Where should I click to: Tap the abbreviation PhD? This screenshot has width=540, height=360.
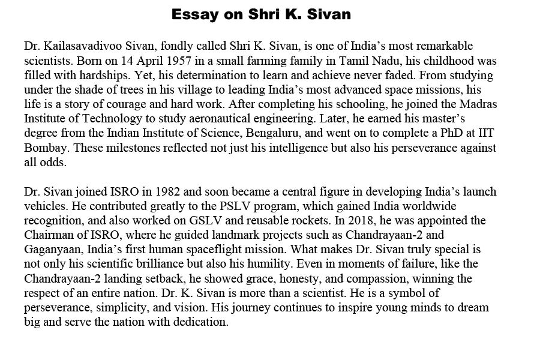[447, 133]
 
